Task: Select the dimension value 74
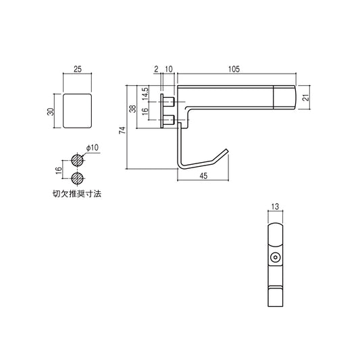[122, 130]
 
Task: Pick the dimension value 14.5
[145, 93]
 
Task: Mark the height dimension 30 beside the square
[51, 110]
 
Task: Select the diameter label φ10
[93, 147]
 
